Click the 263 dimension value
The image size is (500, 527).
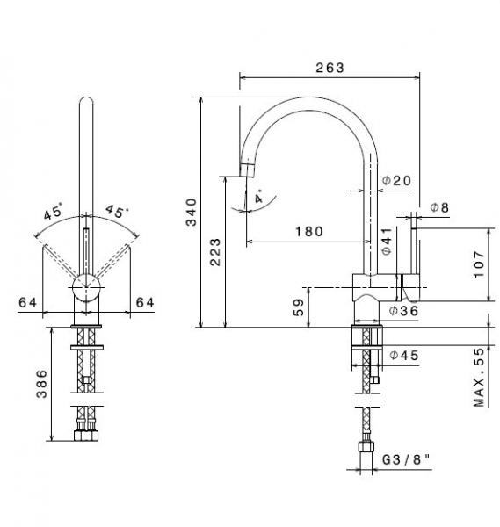(x=330, y=68)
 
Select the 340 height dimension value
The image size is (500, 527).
(x=192, y=212)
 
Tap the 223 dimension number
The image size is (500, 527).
(x=215, y=252)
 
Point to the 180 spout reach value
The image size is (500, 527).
(x=309, y=231)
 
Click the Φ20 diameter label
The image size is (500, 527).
(x=397, y=181)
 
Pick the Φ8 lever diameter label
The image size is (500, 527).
(x=440, y=207)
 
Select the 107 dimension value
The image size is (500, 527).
(x=479, y=264)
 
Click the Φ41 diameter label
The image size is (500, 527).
(x=387, y=241)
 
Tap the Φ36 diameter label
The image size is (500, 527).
(x=403, y=311)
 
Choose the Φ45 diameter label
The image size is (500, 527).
(x=404, y=355)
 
